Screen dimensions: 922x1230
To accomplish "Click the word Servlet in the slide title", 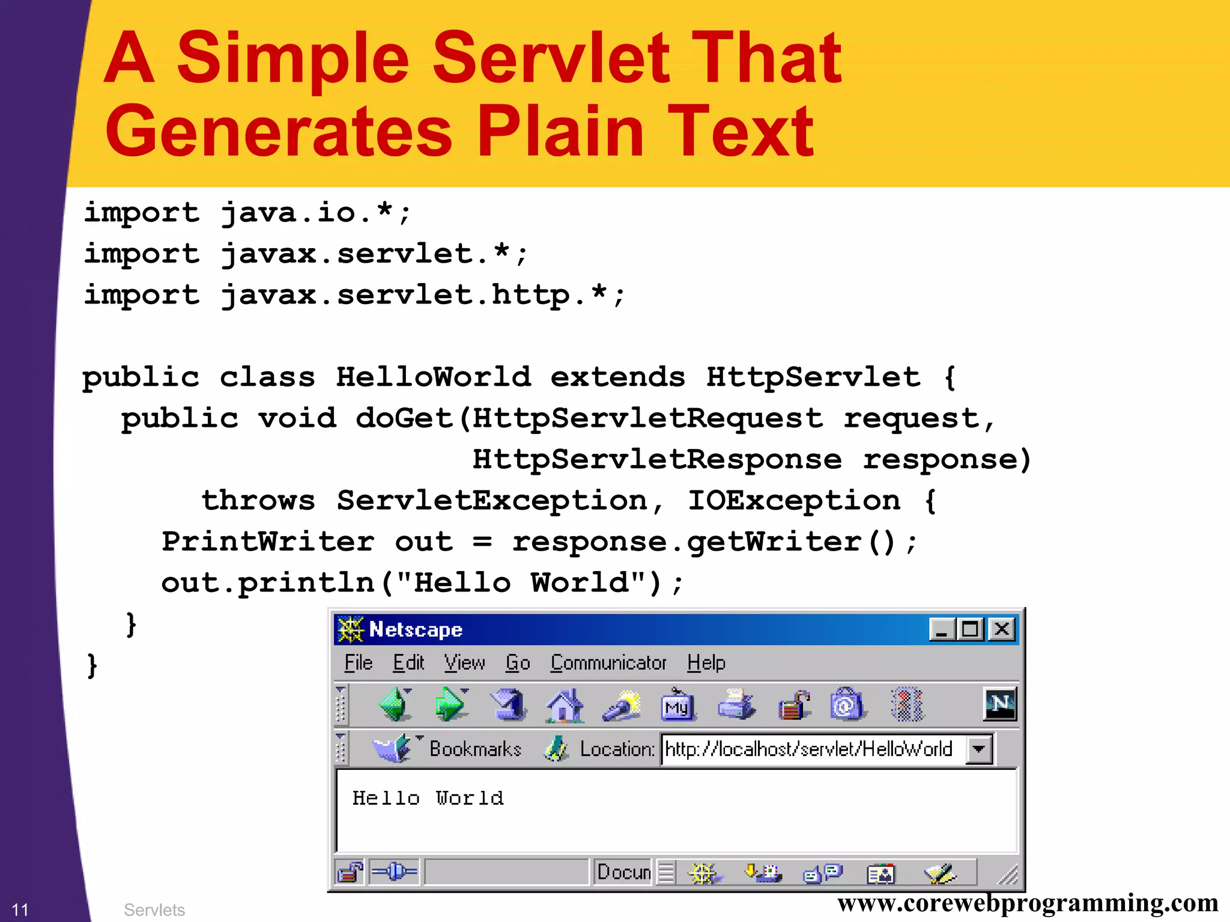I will pos(550,58).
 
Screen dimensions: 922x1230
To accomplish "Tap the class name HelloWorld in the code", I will pos(432,377).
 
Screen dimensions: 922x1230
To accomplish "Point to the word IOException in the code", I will pos(793,501).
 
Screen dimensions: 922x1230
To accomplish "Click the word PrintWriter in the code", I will pos(268,542).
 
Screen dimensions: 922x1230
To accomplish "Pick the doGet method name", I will pos(404,418).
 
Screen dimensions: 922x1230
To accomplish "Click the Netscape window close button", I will pos(1001,629).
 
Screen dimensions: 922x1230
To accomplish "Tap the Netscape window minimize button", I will pos(942,629).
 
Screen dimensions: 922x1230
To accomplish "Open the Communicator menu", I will pos(608,662).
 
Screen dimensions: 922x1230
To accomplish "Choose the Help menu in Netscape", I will pos(706,662).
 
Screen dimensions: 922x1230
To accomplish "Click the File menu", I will pos(359,662).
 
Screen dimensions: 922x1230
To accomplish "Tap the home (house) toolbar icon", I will pos(565,704).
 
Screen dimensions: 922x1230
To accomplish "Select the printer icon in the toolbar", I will pos(736,704).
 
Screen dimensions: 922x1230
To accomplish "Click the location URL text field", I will pos(811,749).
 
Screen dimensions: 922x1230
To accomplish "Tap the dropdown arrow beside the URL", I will pos(979,750).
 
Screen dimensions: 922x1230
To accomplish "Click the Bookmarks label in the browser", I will pos(475,749).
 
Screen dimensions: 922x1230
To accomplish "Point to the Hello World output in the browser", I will pos(428,798).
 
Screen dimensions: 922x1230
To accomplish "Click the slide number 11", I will pos(20,909).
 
